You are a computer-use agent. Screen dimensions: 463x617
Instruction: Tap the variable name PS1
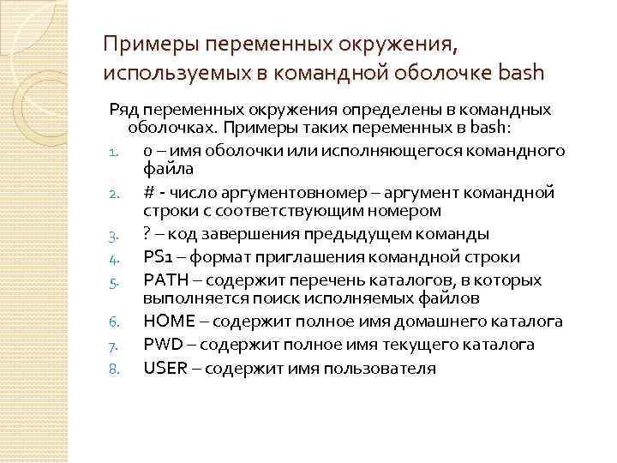pos(158,257)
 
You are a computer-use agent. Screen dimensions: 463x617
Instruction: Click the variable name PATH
pos(163,280)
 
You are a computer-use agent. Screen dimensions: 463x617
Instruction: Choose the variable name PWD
pos(161,344)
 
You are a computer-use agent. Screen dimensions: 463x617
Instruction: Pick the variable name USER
pos(163,368)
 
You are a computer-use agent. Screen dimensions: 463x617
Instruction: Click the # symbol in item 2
pos(148,192)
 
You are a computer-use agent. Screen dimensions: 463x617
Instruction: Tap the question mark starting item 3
pos(147,233)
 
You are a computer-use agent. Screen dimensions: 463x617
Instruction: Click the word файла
pos(162,169)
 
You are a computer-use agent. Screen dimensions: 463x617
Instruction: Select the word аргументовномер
pos(273,192)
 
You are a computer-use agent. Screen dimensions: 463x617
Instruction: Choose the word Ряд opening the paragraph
pos(123,111)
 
